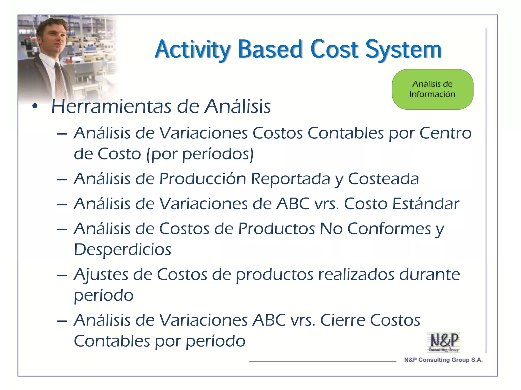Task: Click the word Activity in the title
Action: tap(193, 50)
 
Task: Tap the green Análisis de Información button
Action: tap(432, 89)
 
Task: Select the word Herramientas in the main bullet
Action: tap(111, 107)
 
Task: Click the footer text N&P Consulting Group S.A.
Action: tap(443, 360)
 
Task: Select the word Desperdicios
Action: tap(122, 250)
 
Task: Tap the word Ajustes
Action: tap(101, 275)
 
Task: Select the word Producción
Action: tap(202, 179)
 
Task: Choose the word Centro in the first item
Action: tap(445, 133)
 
